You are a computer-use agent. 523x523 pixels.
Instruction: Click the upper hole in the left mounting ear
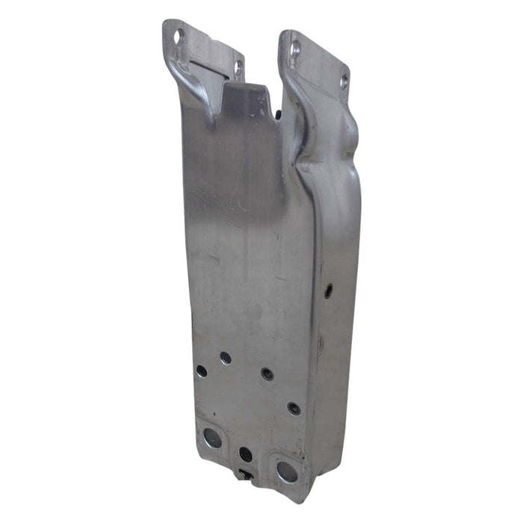178,35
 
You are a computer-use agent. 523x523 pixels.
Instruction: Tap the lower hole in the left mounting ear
238,68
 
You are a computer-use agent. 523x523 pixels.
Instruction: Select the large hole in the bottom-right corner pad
286,471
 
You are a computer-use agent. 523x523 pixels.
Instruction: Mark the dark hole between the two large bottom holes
245,454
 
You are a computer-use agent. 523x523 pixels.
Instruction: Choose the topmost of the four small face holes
226,358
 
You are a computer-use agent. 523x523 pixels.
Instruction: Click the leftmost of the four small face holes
202,371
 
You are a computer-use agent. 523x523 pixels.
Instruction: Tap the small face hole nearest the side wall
294,409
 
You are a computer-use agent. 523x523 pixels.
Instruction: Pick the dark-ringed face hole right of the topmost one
267,373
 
